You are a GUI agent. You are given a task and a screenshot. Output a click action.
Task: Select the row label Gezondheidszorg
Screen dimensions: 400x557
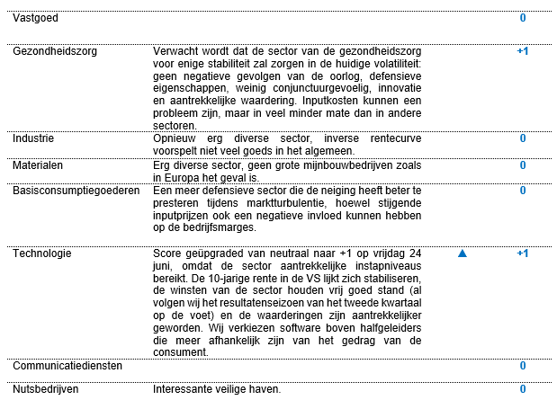coord(55,51)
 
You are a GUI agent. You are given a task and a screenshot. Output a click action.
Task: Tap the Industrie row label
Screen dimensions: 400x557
coord(32,138)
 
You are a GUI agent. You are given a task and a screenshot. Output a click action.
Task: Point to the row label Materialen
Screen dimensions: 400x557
coord(38,165)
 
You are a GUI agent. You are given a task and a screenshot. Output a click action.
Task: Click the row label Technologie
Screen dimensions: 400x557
coord(41,253)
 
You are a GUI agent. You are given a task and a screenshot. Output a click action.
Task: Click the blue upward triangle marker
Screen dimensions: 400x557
coord(463,254)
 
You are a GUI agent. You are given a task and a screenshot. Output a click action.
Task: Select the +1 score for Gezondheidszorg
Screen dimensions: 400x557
coord(522,51)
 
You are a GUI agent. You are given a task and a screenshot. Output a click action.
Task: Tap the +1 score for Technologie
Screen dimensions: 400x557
coord(522,253)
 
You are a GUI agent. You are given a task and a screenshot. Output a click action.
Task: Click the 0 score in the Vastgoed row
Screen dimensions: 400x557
coord(523,17)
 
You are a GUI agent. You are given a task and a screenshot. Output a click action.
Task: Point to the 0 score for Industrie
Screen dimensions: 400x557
coord(523,138)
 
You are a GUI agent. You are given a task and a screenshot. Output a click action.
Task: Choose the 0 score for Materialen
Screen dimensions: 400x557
coord(523,165)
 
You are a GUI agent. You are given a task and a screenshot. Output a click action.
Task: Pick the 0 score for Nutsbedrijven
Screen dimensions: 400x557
coord(523,388)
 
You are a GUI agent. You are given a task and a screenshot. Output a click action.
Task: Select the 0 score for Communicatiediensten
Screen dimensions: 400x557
coord(523,366)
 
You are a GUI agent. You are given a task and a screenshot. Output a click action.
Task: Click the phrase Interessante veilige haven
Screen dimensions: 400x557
coord(217,388)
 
